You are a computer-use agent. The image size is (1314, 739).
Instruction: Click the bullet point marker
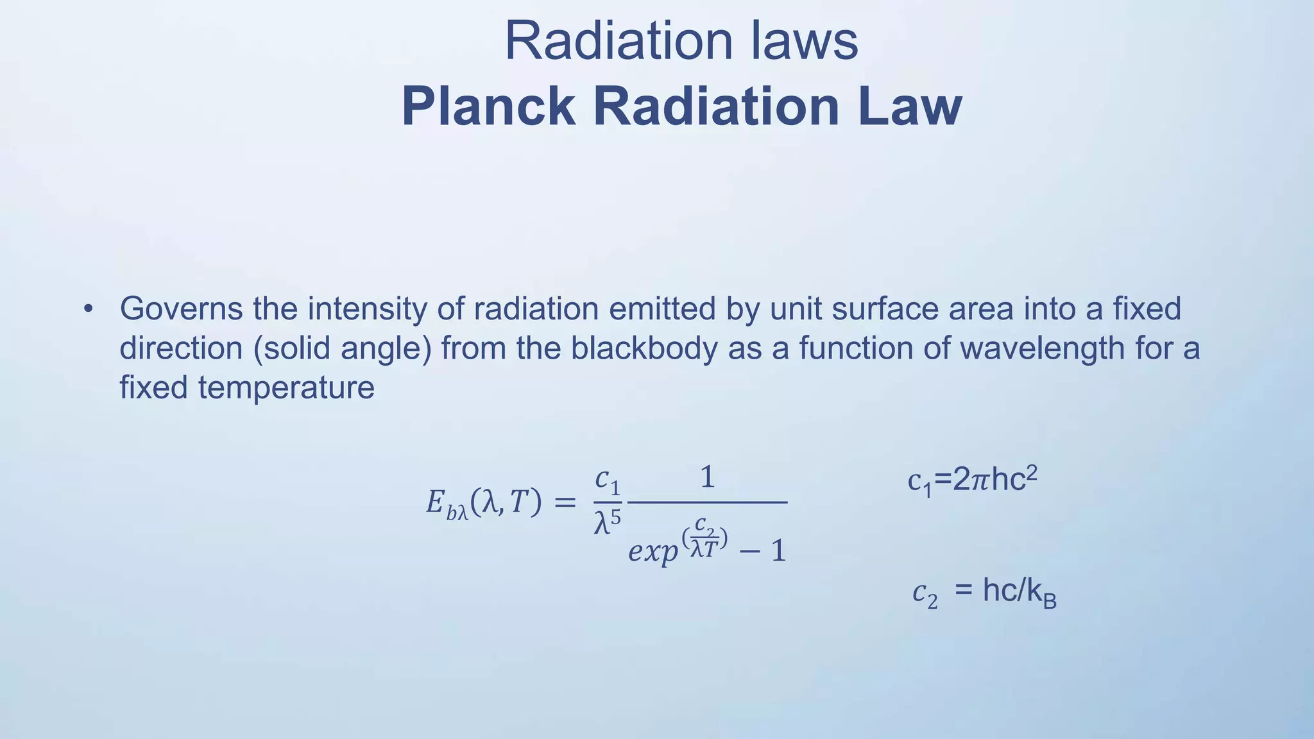(x=88, y=309)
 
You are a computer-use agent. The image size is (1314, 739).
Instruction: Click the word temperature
(x=286, y=388)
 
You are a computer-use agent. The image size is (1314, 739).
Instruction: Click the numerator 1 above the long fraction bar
(x=707, y=478)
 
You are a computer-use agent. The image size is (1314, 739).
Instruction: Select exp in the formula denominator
(x=653, y=551)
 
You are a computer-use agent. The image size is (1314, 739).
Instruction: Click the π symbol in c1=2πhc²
(x=980, y=480)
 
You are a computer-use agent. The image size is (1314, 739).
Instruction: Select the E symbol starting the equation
(x=436, y=503)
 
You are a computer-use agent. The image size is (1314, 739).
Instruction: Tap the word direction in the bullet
(x=182, y=349)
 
